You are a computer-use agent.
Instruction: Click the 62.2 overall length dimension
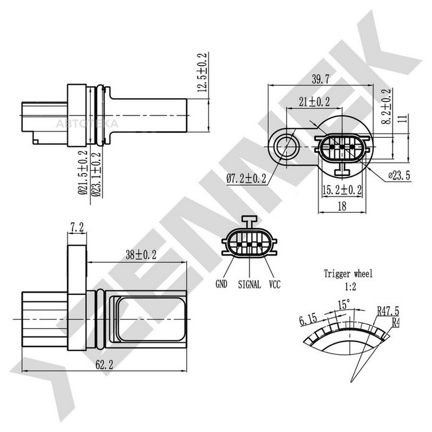104,365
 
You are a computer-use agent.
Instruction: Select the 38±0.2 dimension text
141,255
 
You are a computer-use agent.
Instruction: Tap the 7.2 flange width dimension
77,228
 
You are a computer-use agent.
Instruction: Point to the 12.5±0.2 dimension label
202,72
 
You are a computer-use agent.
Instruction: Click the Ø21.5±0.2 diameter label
83,172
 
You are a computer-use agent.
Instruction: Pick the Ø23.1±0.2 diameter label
96,174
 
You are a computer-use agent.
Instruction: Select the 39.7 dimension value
321,79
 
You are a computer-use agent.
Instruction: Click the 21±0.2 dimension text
314,102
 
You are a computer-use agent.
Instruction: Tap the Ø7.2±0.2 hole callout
246,179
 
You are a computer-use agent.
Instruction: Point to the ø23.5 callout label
399,175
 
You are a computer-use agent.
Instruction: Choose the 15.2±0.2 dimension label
342,190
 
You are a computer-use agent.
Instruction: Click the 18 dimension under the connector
342,206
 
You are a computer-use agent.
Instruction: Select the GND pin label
221,284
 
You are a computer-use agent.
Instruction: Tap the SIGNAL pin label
249,284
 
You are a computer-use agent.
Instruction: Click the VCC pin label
275,284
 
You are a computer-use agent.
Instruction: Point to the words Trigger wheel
348,274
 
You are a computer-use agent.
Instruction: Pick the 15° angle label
344,304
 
